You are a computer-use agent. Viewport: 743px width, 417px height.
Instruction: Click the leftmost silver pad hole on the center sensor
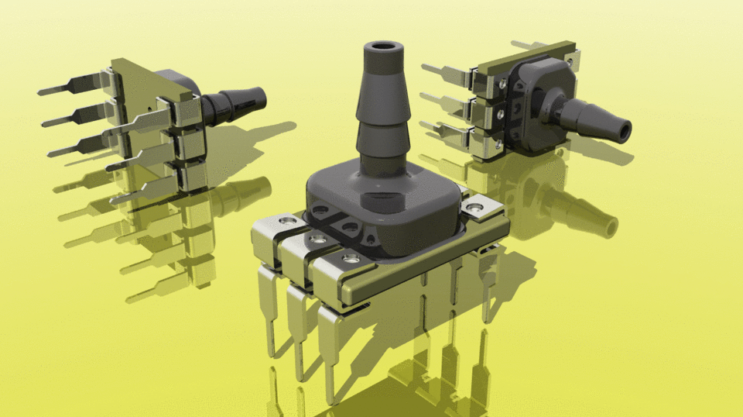289,222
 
